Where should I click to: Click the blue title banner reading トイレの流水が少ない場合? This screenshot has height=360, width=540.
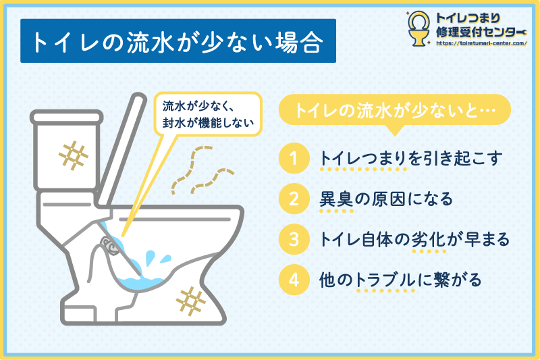pyautogui.click(x=178, y=41)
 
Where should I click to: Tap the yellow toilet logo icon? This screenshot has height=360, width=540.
pyautogui.click(x=418, y=28)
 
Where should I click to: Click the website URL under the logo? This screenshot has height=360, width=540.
pyautogui.click(x=481, y=43)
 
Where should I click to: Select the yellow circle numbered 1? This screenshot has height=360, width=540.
pyautogui.click(x=294, y=159)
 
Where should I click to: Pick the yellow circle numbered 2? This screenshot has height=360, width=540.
pyautogui.click(x=294, y=199)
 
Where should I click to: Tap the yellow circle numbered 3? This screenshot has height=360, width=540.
pyautogui.click(x=294, y=239)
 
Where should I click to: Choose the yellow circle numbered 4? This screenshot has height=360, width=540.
pyautogui.click(x=294, y=280)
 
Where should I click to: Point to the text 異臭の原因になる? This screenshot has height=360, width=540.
pyautogui.click(x=386, y=199)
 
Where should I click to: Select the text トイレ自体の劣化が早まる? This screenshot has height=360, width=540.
pyautogui.click(x=414, y=239)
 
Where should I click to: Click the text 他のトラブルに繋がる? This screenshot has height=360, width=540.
pyautogui.click(x=400, y=280)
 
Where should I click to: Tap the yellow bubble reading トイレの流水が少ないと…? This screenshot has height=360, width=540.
pyautogui.click(x=395, y=109)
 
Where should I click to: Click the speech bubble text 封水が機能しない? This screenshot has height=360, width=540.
pyautogui.click(x=208, y=123)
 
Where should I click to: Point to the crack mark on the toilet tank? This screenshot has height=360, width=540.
pyautogui.click(x=73, y=155)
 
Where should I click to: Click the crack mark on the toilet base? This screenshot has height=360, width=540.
pyautogui.click(x=190, y=301)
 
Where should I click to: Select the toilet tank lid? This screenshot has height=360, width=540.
pyautogui.click(x=66, y=117)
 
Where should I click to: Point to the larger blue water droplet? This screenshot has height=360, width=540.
pyautogui.click(x=150, y=258)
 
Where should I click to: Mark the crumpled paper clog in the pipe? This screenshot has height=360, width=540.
pyautogui.click(x=110, y=245)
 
